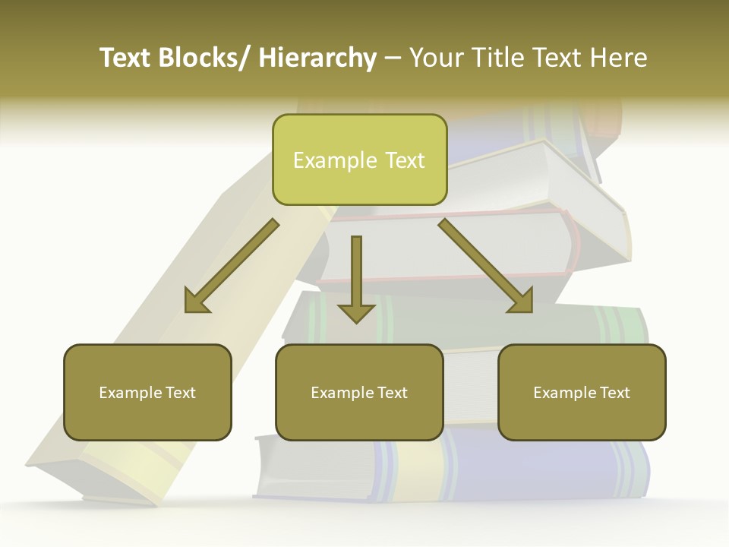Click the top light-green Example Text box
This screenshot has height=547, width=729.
pyautogui.click(x=359, y=160)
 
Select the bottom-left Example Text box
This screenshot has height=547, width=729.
pyautogui.click(x=147, y=393)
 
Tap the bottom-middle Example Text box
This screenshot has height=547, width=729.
pyautogui.click(x=359, y=393)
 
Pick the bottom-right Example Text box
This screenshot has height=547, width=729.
pyautogui.click(x=582, y=393)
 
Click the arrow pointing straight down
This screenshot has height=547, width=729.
pyautogui.click(x=356, y=277)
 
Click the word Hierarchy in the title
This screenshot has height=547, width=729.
pyautogui.click(x=317, y=58)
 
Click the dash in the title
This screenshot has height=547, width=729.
pyautogui.click(x=393, y=58)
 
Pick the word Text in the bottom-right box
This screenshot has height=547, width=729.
pyautogui.click(x=615, y=393)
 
